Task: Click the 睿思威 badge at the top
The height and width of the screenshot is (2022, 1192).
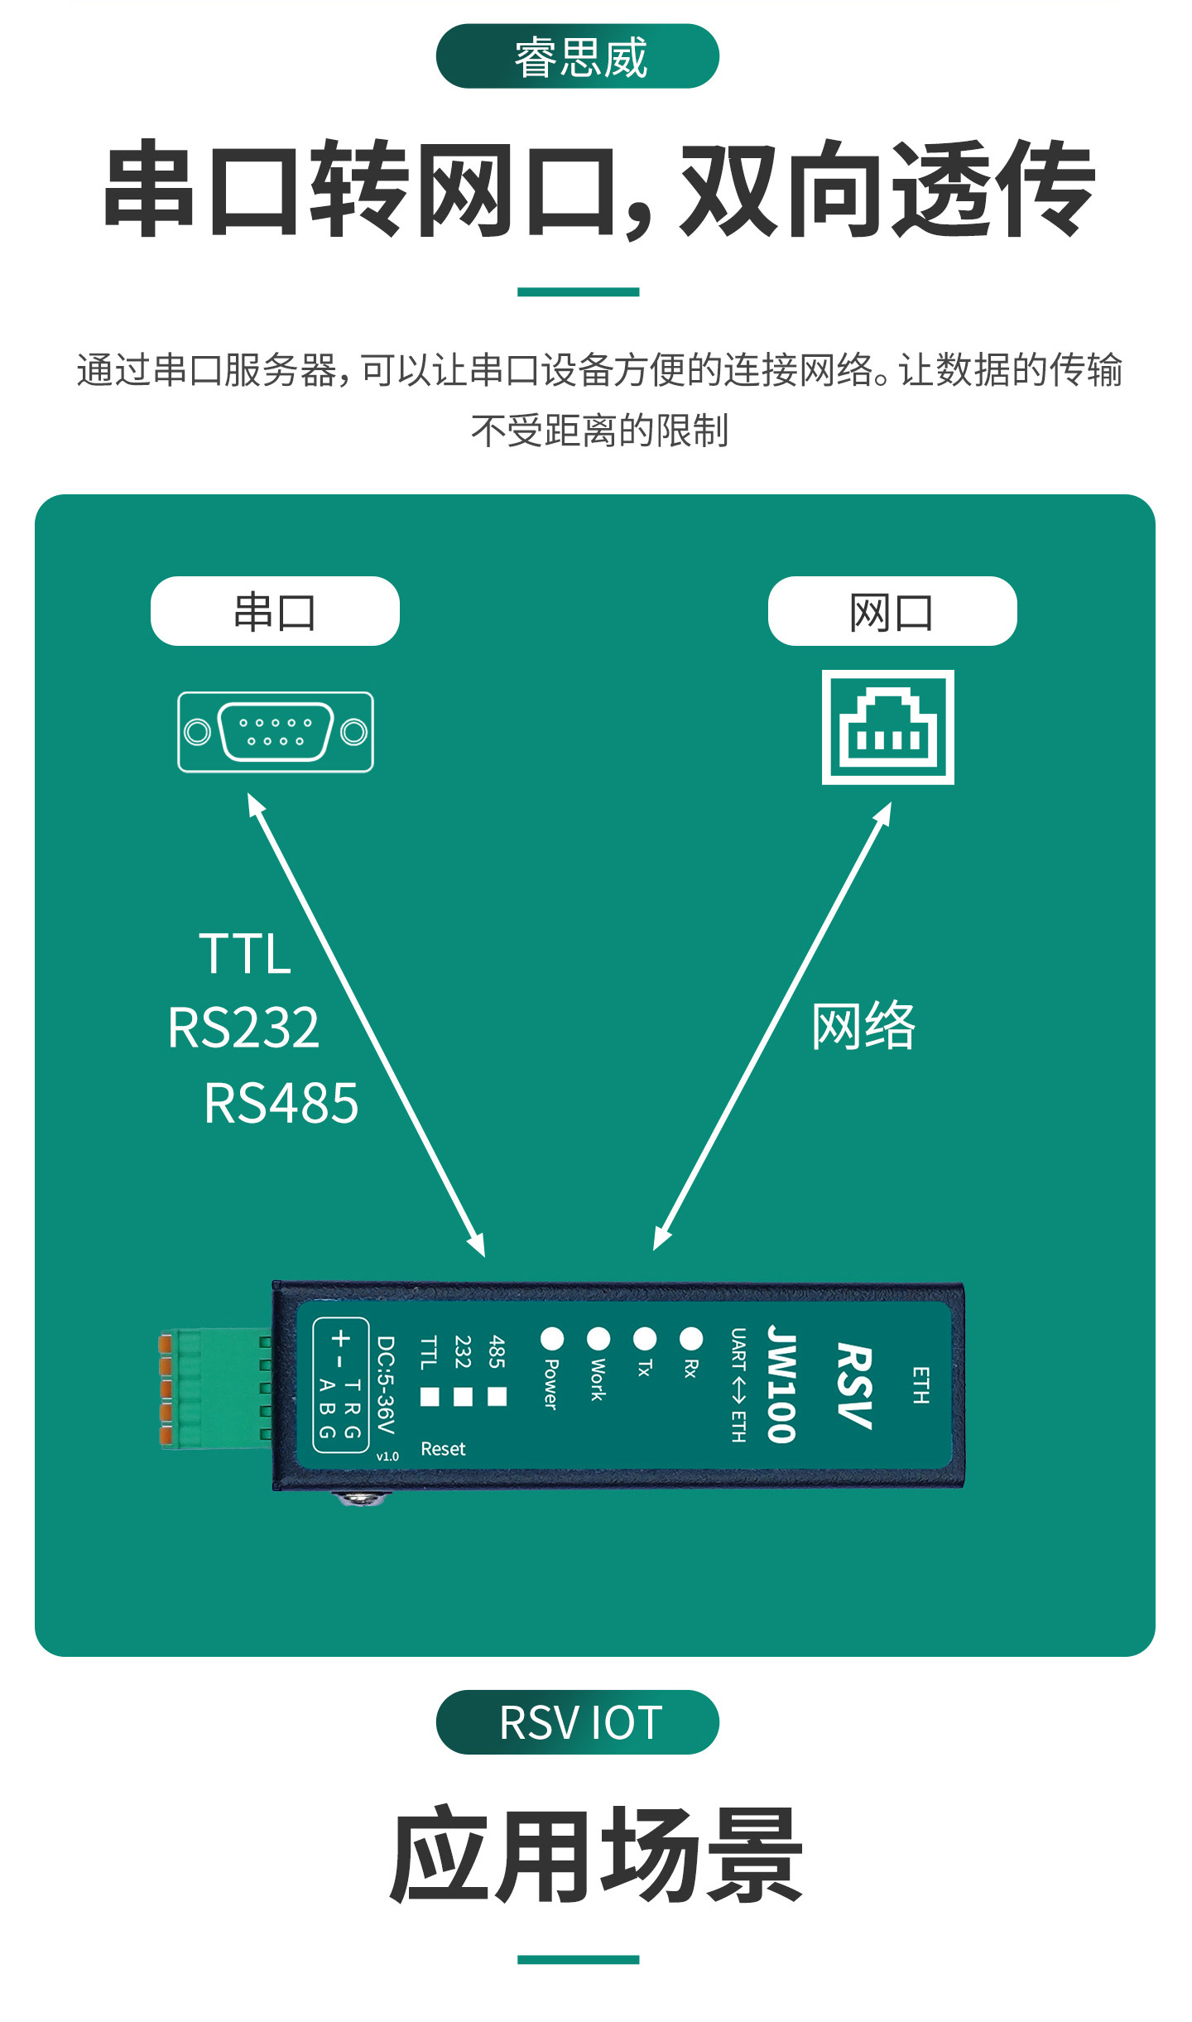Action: coord(577,56)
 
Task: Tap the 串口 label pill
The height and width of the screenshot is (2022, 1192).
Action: coord(275,611)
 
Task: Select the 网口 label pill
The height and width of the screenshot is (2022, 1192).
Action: coord(892,611)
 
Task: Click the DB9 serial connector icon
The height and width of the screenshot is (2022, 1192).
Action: coord(276,732)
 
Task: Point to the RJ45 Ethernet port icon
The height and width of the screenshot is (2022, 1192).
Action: coord(887,727)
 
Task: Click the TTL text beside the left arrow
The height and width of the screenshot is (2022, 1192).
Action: coord(245,953)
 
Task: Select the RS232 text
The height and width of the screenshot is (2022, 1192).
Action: coord(243,1028)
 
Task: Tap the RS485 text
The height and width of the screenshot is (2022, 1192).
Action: coord(281,1103)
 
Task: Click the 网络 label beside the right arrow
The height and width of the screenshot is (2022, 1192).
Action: coord(863,1026)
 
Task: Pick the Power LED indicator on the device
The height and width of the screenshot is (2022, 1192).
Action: coord(552,1338)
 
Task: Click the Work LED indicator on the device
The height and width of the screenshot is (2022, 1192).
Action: coord(598,1338)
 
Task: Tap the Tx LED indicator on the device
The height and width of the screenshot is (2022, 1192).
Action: coord(645,1338)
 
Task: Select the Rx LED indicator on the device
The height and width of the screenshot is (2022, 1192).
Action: coord(691,1338)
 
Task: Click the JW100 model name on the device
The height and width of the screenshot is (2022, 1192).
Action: coord(781,1384)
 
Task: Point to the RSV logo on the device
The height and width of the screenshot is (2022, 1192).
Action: coord(854,1385)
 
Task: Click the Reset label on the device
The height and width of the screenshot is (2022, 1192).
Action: coord(443,1449)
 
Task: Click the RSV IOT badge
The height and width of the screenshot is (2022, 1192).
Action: coord(577,1722)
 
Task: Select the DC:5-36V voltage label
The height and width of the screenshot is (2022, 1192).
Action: coord(386,1384)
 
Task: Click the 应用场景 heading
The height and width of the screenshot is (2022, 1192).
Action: coord(596,1855)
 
